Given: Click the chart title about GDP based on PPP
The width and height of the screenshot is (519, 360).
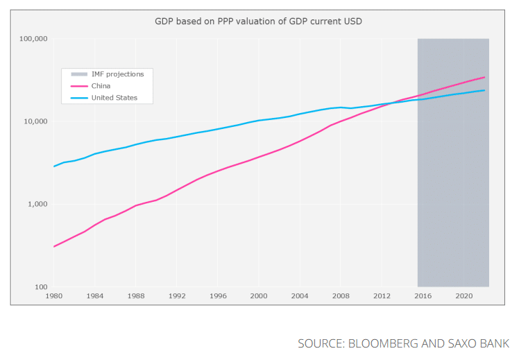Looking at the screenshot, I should tap(258, 22).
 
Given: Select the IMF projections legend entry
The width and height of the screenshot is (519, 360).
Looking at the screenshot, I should tap(117, 74).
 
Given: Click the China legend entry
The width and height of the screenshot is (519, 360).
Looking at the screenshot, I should tap(101, 85).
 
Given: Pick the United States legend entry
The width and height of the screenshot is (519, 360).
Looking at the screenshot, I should tap(114, 98).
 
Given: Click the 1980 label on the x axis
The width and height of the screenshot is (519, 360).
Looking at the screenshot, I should tap(53, 296).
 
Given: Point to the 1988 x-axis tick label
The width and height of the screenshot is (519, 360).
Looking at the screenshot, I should tap(135, 296).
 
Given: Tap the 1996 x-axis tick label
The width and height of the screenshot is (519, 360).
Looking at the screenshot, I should tap(218, 296).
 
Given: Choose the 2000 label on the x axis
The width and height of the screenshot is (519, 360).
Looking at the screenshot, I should tap(259, 296).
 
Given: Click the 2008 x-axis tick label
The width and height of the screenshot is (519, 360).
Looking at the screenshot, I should tap(341, 296).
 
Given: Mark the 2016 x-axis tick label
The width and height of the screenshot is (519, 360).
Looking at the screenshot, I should tap(423, 296).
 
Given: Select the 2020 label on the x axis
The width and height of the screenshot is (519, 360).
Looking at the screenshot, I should tap(464, 296).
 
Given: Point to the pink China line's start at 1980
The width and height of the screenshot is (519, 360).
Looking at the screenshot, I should tap(54, 246).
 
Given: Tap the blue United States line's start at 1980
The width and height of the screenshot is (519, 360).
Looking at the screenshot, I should tap(54, 166).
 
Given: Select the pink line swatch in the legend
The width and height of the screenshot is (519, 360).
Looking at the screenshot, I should tap(78, 85).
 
